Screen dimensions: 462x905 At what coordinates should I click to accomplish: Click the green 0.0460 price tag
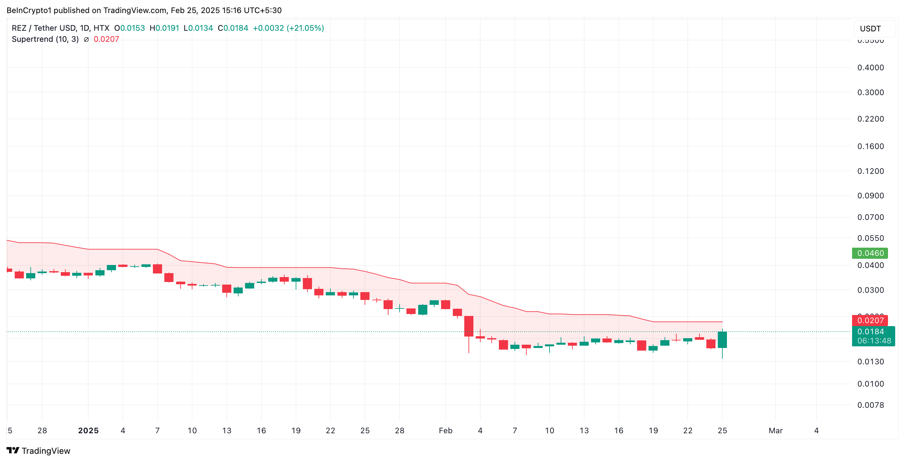pyautogui.click(x=870, y=253)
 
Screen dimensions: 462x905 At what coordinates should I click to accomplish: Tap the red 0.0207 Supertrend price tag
pyautogui.click(x=870, y=321)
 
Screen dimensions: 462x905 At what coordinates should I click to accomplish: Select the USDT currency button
pyautogui.click(x=870, y=29)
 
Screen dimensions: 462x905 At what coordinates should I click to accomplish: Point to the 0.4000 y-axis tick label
pyautogui.click(x=870, y=67)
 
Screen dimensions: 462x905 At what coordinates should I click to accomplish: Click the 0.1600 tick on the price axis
pyautogui.click(x=870, y=146)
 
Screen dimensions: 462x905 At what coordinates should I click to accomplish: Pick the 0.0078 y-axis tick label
pyautogui.click(x=870, y=405)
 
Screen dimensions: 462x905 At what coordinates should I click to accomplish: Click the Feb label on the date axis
pyautogui.click(x=445, y=430)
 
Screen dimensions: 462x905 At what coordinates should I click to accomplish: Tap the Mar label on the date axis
pyautogui.click(x=775, y=430)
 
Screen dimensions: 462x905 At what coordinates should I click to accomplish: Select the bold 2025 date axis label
pyautogui.click(x=88, y=430)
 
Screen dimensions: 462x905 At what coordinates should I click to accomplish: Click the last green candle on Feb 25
pyautogui.click(x=722, y=340)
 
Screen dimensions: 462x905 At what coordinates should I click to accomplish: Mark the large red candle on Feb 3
pyautogui.click(x=469, y=326)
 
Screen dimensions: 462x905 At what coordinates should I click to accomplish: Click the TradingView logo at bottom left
pyautogui.click(x=38, y=451)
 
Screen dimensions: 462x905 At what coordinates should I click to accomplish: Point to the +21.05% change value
pyautogui.click(x=305, y=28)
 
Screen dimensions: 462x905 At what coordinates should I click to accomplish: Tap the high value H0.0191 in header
pyautogui.click(x=164, y=28)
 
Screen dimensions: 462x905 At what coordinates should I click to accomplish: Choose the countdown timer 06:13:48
pyautogui.click(x=874, y=341)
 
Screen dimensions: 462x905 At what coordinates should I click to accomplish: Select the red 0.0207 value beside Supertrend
pyautogui.click(x=106, y=39)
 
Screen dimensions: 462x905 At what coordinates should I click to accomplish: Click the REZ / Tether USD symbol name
pyautogui.click(x=44, y=28)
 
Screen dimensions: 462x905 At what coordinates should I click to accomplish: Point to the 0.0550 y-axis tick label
pyautogui.click(x=870, y=238)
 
